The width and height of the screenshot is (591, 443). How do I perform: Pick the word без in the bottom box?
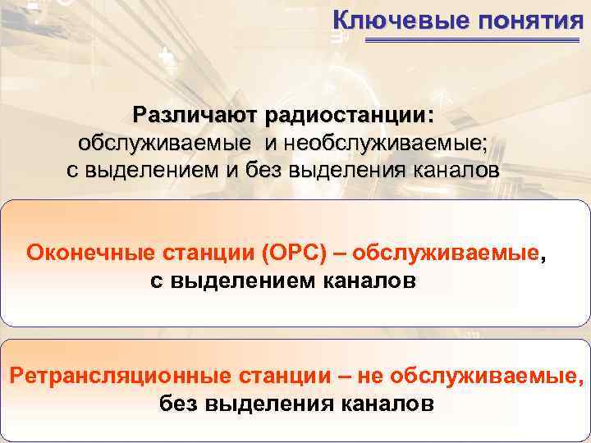(178, 405)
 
